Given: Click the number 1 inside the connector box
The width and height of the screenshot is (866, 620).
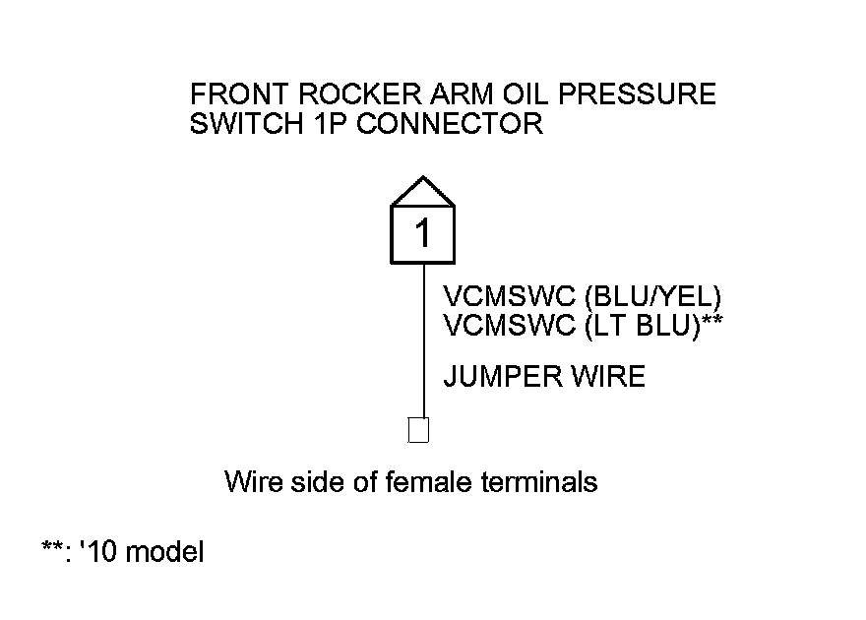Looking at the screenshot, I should coord(423,234).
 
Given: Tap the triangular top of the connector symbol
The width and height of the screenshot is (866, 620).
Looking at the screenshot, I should coord(423,192).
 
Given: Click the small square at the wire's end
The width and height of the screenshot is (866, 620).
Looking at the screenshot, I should coord(418,431).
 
